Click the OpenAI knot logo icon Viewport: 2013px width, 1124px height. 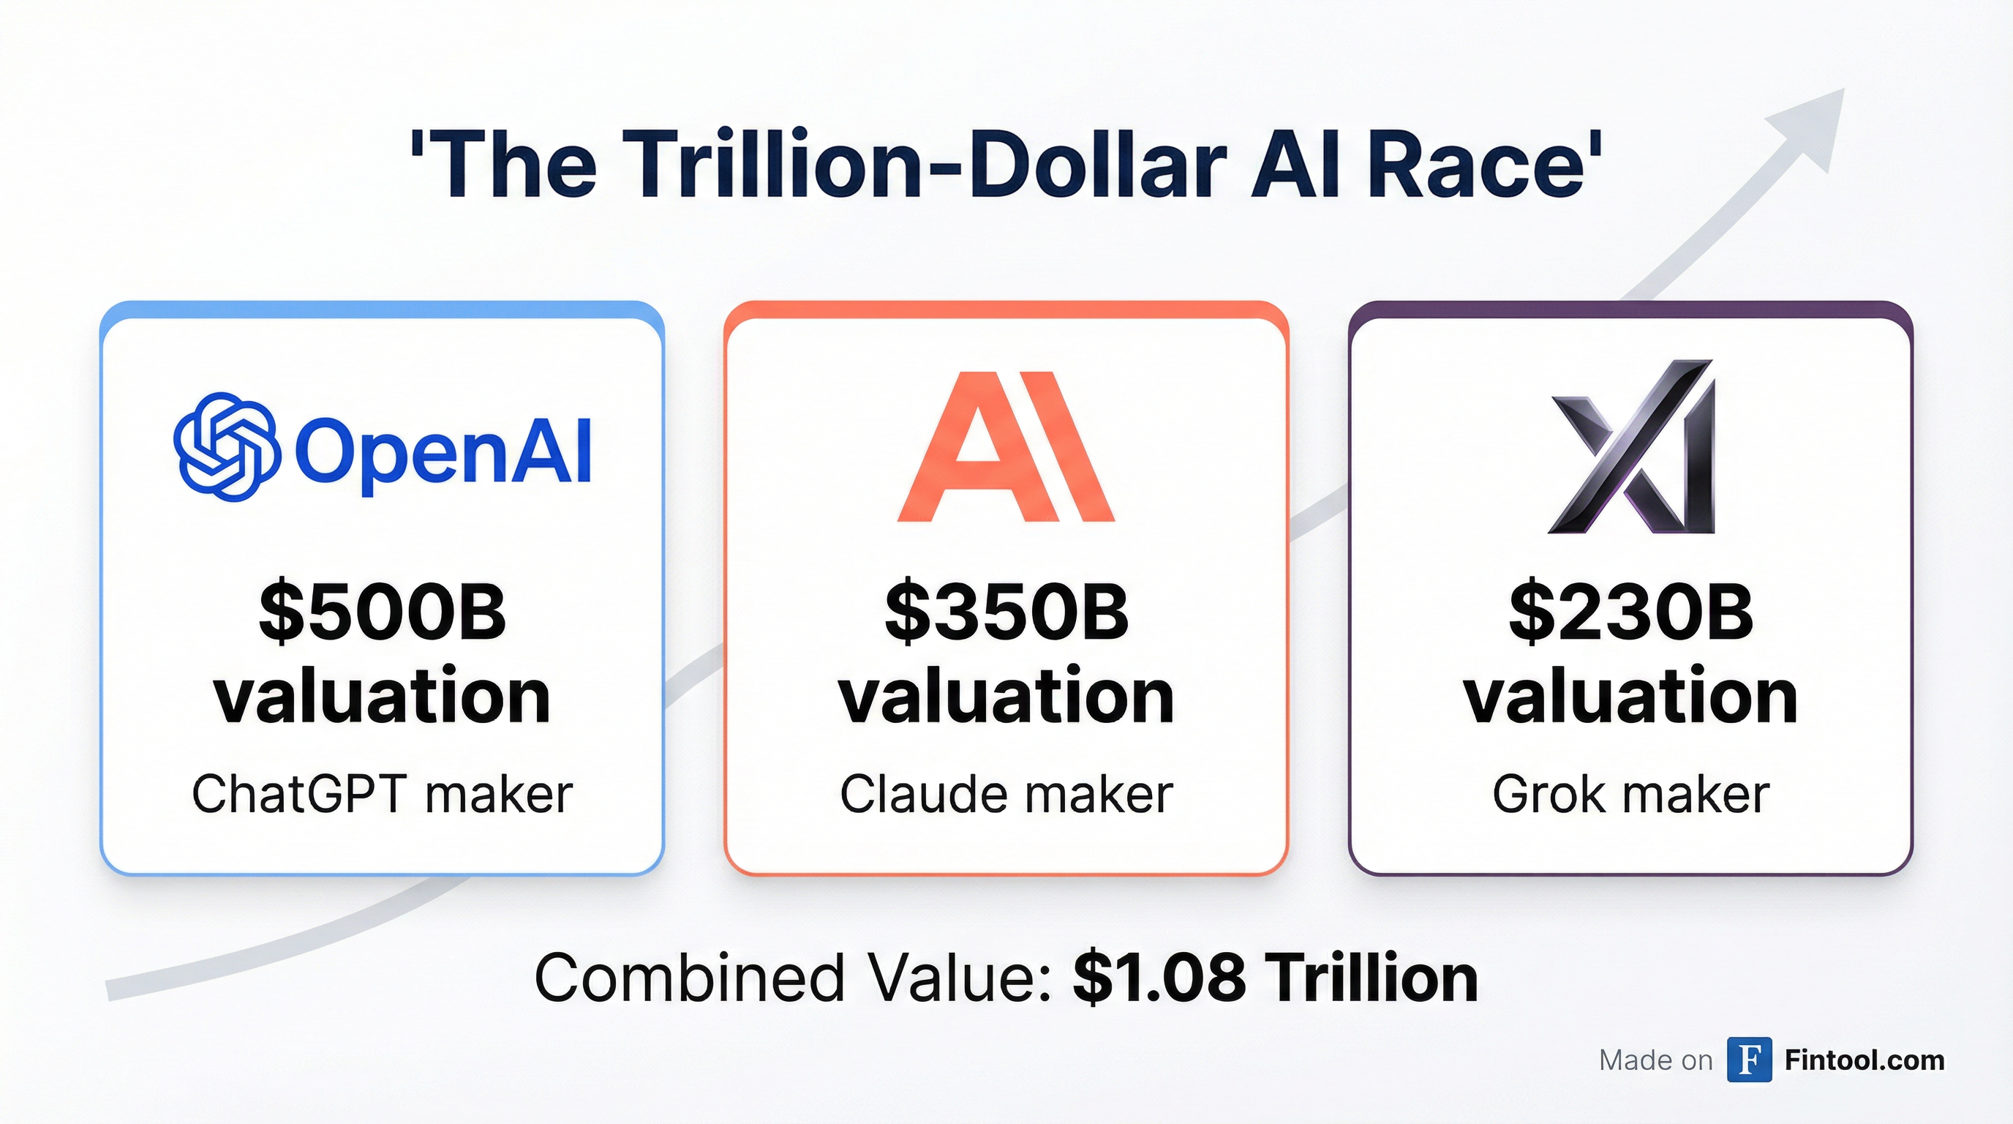pos(226,447)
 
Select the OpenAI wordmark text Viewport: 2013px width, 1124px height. pos(443,452)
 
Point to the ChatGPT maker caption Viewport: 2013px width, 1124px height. pos(382,794)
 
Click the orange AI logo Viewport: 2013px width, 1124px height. pos(1006,447)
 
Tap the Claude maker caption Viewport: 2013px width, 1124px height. pos(1006,794)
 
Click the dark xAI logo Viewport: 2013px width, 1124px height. pos(1632,447)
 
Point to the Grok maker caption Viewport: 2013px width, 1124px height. pos(1631,794)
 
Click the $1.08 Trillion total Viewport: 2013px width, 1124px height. pos(1274,978)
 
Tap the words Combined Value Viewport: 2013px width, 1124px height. pos(792,978)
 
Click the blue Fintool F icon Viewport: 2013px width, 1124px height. pos(1749,1060)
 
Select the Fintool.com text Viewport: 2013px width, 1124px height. pos(1865,1060)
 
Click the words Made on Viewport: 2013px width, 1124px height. pos(1655,1060)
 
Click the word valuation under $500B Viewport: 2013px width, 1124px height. pos(382,696)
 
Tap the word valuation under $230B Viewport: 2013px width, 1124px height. pos(1631,696)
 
